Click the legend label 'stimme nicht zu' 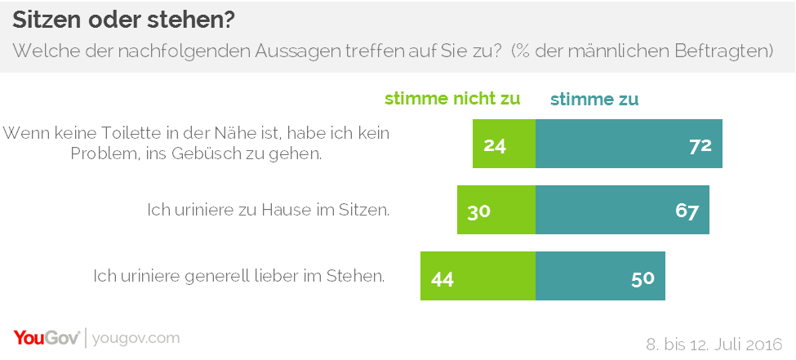[451, 100]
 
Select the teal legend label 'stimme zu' [594, 100]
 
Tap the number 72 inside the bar [700, 145]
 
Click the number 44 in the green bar [442, 278]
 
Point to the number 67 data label [687, 211]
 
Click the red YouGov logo [46, 338]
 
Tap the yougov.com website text [136, 338]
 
